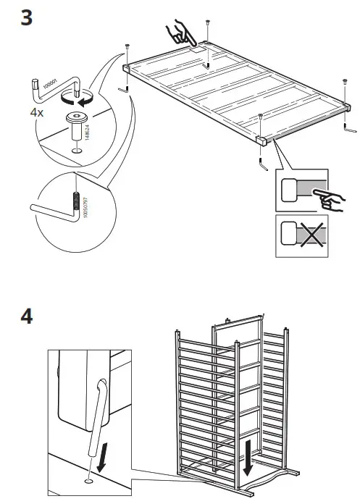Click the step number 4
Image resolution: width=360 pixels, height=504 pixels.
(x=27, y=318)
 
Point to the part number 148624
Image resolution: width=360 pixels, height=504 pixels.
(x=87, y=128)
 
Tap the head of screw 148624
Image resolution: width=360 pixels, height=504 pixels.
(x=74, y=117)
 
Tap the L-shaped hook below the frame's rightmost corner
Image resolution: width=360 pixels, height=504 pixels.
(x=348, y=131)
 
